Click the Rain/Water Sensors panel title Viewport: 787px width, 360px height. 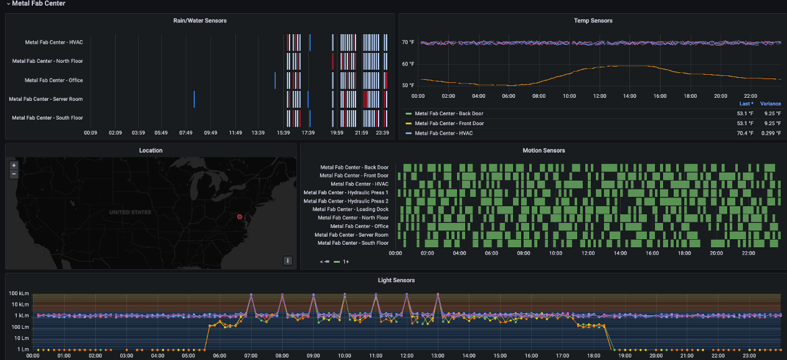[x=200, y=21]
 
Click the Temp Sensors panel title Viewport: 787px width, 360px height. [x=593, y=21]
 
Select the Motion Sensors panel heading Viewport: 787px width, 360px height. [x=544, y=150]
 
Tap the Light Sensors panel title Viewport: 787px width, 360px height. [x=396, y=280]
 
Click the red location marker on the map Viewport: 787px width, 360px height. [x=239, y=217]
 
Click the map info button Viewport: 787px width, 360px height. [x=288, y=260]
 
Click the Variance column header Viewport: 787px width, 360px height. [x=770, y=104]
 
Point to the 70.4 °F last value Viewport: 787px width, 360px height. [x=745, y=133]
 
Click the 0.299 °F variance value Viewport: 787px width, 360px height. [x=770, y=133]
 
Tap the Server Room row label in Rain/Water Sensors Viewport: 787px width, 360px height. [x=45, y=99]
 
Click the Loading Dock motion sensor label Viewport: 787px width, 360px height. [x=351, y=209]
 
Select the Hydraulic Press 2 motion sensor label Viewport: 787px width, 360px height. [x=346, y=201]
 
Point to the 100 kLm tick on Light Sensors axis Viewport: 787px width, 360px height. [x=16, y=293]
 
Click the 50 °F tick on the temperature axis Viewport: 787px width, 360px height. [x=408, y=85]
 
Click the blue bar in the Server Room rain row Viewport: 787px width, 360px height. [x=194, y=99]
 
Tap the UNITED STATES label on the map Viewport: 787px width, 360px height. [x=130, y=212]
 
